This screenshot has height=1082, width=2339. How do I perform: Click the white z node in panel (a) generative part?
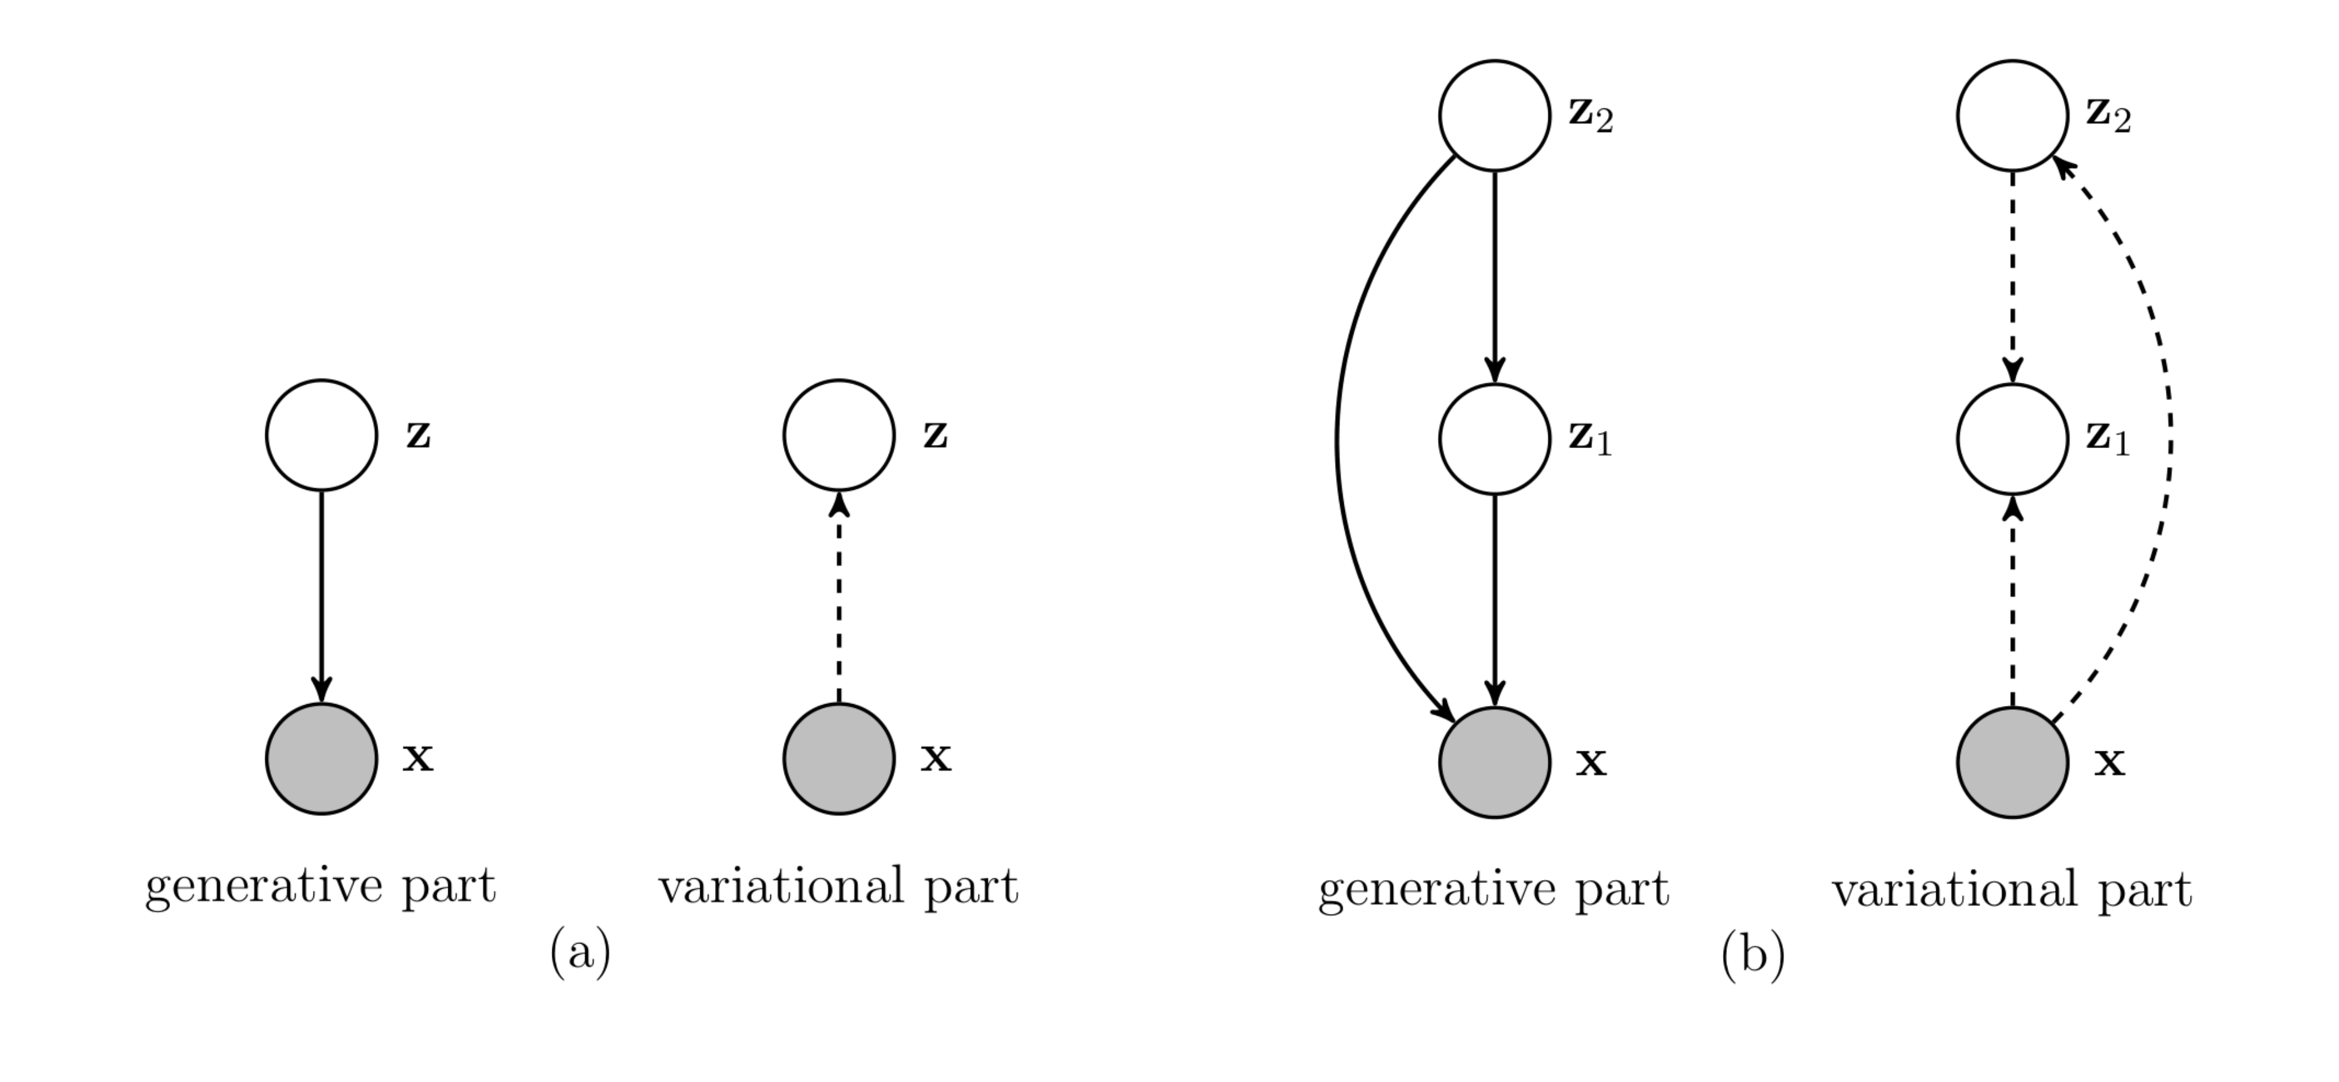(321, 436)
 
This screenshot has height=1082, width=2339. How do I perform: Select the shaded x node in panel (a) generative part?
(321, 759)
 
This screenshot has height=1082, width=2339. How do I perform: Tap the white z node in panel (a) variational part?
(839, 436)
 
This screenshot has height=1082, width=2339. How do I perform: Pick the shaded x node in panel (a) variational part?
(839, 759)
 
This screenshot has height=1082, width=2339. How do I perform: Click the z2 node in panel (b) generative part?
(1495, 115)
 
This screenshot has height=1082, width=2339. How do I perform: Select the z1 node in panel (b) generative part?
(1495, 439)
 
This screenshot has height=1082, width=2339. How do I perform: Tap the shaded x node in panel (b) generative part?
(1495, 763)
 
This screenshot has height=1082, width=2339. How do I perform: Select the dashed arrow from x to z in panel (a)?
(839, 599)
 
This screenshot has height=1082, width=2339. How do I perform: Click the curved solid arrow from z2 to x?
(1338, 439)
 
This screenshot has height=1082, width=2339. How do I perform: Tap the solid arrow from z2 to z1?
(1495, 272)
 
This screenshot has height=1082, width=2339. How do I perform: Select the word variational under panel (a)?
(781, 887)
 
